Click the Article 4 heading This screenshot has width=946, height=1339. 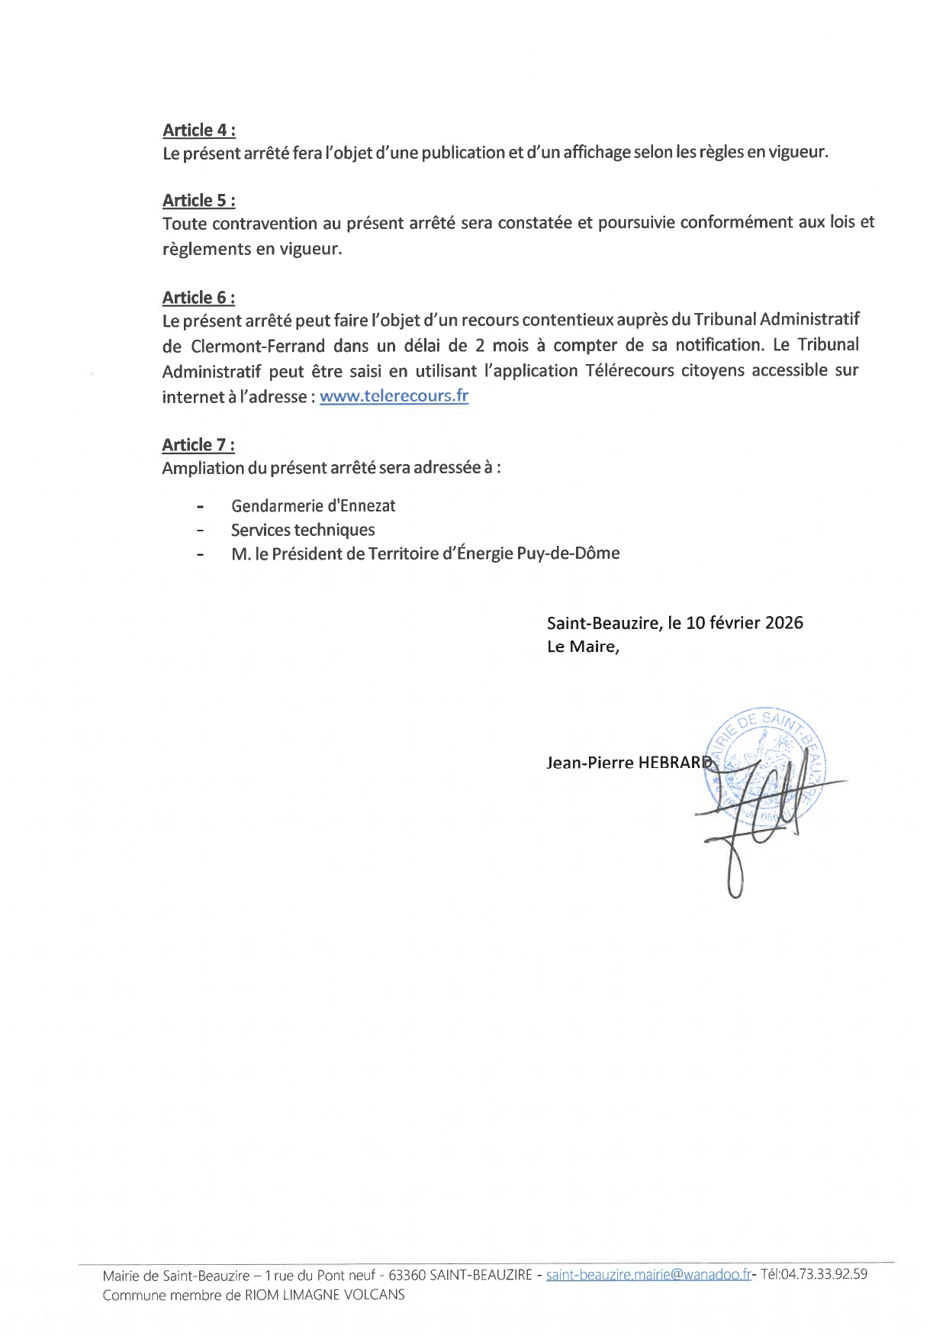[198, 131]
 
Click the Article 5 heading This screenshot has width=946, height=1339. [198, 201]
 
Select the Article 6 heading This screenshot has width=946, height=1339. [198, 298]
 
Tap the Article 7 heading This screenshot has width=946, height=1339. [198, 445]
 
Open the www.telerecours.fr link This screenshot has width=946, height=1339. [394, 396]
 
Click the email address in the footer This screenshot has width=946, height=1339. [648, 1274]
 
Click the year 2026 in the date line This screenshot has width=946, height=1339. [784, 623]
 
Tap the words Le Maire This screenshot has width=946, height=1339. [582, 647]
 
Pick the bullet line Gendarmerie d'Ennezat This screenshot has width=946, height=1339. [313, 506]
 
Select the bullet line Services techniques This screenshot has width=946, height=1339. [303, 530]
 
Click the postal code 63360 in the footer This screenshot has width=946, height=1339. [407, 1275]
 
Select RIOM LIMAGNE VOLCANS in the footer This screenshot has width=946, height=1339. [324, 1295]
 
